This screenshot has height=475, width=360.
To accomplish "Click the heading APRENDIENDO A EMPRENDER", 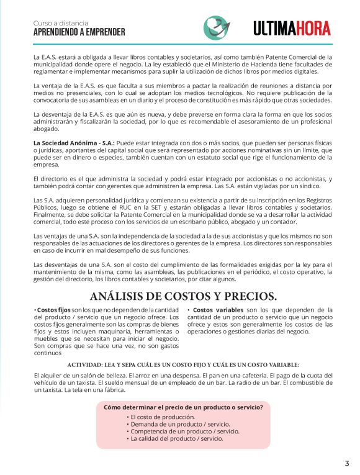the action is point(79,32).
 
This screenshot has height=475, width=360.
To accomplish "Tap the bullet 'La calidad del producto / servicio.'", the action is point(176,438).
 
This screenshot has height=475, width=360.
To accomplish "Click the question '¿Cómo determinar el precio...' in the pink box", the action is point(183,407).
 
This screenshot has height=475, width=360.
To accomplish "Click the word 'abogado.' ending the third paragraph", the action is point(47,129).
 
